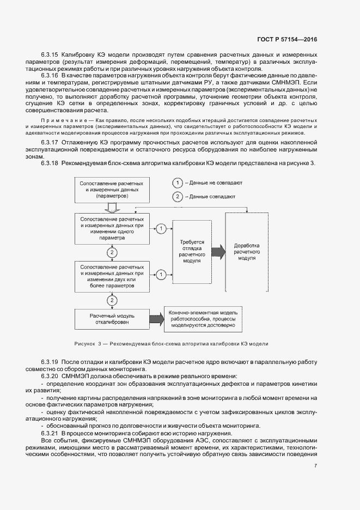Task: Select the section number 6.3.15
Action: [50, 55]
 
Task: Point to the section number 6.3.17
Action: [50, 142]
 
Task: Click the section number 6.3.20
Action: [50, 377]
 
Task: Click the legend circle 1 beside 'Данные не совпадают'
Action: [177, 183]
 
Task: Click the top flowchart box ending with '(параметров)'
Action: [112, 189]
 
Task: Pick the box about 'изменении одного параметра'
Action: [112, 228]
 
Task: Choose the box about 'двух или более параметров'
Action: [112, 276]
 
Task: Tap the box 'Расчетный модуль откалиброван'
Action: [112, 319]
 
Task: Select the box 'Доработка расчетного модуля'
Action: [247, 251]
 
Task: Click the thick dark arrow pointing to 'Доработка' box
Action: [217, 251]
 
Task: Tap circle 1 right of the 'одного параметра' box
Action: [161, 228]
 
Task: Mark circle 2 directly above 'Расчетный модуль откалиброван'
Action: [112, 300]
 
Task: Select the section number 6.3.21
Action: [50, 433]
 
